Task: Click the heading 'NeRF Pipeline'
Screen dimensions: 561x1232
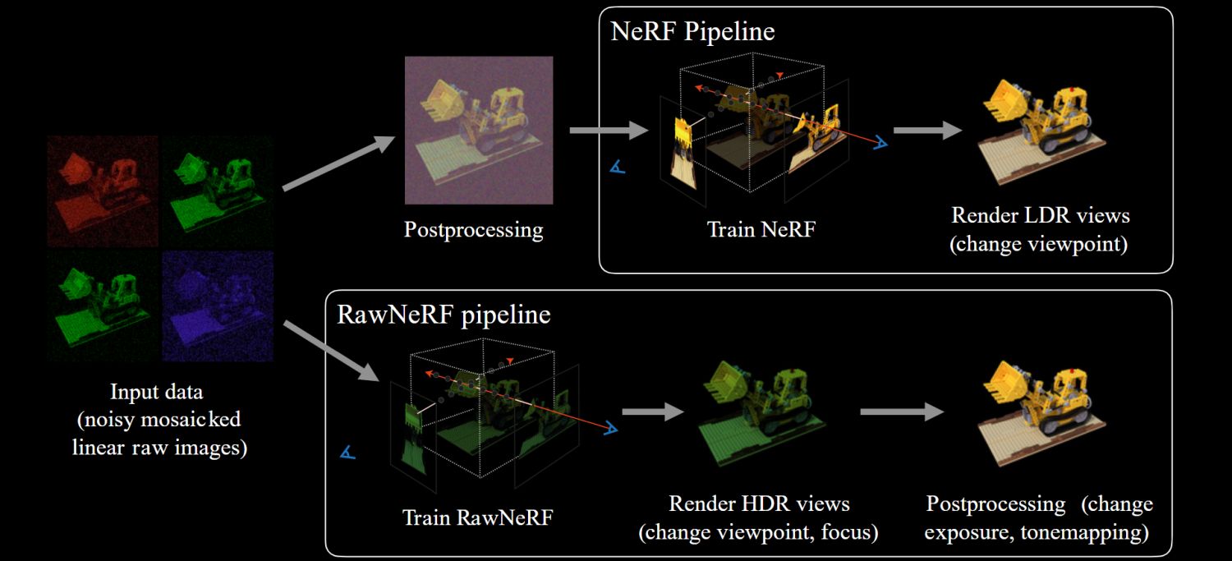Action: coord(692,32)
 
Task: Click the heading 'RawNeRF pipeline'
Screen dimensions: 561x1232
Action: coord(444,315)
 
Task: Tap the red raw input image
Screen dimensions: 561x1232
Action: coord(103,191)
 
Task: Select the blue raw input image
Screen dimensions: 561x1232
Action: coord(218,306)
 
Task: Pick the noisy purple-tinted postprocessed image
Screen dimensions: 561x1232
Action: coord(478,130)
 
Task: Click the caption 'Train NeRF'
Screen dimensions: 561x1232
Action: coord(761,228)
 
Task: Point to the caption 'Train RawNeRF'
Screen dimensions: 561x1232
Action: coord(477,518)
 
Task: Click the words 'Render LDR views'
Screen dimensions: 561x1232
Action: coord(1041,215)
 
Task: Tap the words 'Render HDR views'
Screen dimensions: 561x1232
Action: coord(759,503)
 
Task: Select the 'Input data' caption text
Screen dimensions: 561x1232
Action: coord(156,391)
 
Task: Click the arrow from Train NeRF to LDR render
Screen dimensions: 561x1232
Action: coord(927,130)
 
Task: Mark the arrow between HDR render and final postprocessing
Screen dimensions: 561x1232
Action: coord(902,412)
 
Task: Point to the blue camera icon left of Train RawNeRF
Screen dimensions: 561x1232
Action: coord(348,453)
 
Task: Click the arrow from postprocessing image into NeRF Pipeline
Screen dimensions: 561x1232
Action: coord(603,130)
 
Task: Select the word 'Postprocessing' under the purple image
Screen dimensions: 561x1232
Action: coord(473,228)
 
